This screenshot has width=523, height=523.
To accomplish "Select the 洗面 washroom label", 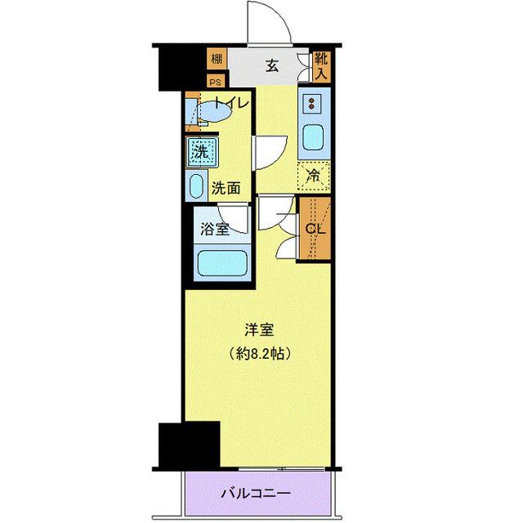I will point(226,187).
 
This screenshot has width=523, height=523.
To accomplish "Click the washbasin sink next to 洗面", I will point(197,186).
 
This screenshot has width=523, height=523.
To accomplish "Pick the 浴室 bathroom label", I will point(214,230).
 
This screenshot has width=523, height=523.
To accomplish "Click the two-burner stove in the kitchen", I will point(313,105).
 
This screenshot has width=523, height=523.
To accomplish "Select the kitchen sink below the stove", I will point(313,138).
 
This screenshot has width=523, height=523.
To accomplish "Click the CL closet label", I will point(314,230).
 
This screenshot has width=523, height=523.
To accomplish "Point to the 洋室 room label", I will point(259,330).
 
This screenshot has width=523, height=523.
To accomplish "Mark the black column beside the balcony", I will point(190,445).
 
